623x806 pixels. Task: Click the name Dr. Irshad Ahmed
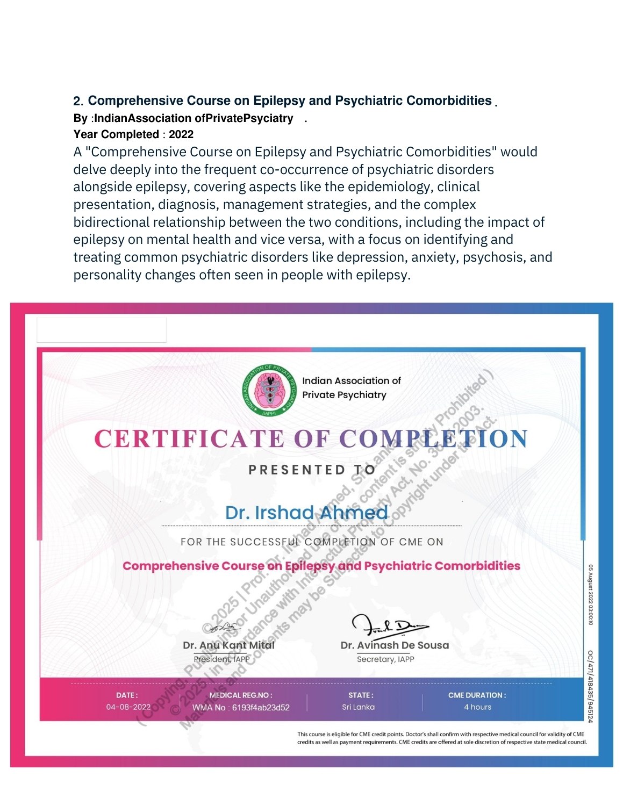(306, 513)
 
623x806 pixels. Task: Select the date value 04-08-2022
(128, 707)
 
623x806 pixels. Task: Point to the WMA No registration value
(241, 708)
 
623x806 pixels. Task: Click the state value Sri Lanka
(358, 707)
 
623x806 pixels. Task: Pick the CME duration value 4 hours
(477, 707)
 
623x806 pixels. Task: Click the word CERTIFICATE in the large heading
(189, 439)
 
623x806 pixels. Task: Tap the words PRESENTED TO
(312, 470)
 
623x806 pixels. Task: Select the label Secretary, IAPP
(385, 659)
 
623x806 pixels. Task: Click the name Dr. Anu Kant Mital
(228, 645)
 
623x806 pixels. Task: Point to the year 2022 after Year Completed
(181, 134)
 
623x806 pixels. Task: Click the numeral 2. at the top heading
(78, 101)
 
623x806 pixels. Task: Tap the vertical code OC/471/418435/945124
(590, 686)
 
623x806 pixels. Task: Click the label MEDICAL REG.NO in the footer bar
(241, 695)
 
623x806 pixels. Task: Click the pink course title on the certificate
(321, 566)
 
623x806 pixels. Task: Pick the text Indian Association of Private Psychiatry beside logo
(352, 387)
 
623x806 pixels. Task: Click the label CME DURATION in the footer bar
(477, 695)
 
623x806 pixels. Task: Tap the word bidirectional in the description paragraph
(111, 222)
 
